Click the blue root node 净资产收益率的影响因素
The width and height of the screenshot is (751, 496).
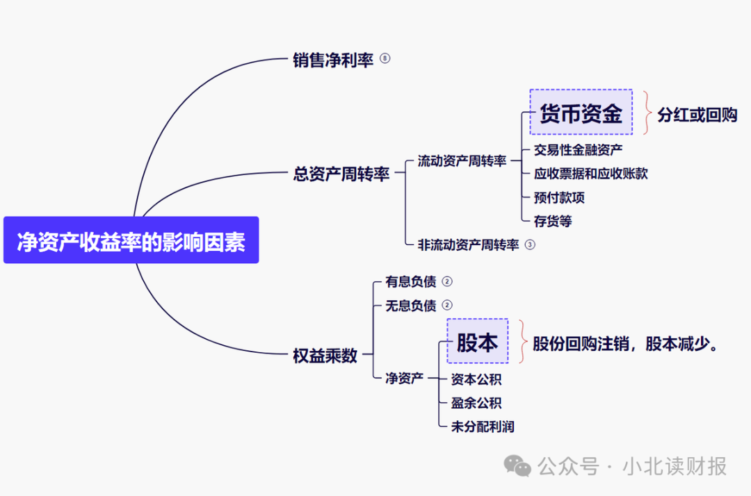pyautogui.click(x=131, y=240)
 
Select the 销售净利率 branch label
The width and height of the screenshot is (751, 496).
pyautogui.click(x=333, y=60)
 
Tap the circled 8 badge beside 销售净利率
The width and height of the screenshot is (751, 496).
pyautogui.click(x=385, y=59)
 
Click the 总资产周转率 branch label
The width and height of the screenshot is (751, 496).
pyautogui.click(x=341, y=174)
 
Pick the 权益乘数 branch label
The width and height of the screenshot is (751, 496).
pyautogui.click(x=325, y=356)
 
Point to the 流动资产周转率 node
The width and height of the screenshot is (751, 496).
pyautogui.click(x=462, y=161)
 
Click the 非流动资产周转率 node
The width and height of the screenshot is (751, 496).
pyautogui.click(x=468, y=245)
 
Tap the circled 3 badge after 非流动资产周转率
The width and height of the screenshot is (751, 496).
pyautogui.click(x=530, y=245)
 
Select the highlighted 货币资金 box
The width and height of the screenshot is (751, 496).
pyautogui.click(x=581, y=112)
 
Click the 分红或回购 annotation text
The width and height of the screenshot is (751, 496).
pyautogui.click(x=697, y=115)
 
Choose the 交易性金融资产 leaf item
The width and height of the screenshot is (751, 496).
pyautogui.click(x=578, y=149)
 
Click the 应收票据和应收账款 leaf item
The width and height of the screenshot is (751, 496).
pyautogui.click(x=590, y=173)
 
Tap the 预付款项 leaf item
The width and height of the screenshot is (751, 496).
pyautogui.click(x=559, y=197)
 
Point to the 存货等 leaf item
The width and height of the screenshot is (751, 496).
pyautogui.click(x=553, y=222)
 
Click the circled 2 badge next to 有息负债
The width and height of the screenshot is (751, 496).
pyautogui.click(x=447, y=281)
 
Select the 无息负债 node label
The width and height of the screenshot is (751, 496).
pyautogui.click(x=410, y=306)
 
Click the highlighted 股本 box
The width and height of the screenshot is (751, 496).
pyautogui.click(x=477, y=341)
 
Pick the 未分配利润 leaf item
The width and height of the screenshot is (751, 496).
pyautogui.click(x=483, y=427)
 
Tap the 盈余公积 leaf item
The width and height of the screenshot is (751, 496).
pyautogui.click(x=476, y=403)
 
